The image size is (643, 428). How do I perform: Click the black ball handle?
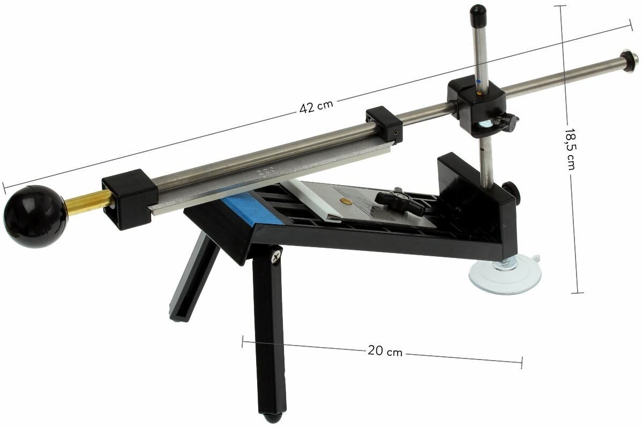35,216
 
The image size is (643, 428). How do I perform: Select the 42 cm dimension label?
316,106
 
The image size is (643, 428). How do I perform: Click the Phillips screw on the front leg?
276,257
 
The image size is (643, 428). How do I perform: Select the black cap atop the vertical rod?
478,14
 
